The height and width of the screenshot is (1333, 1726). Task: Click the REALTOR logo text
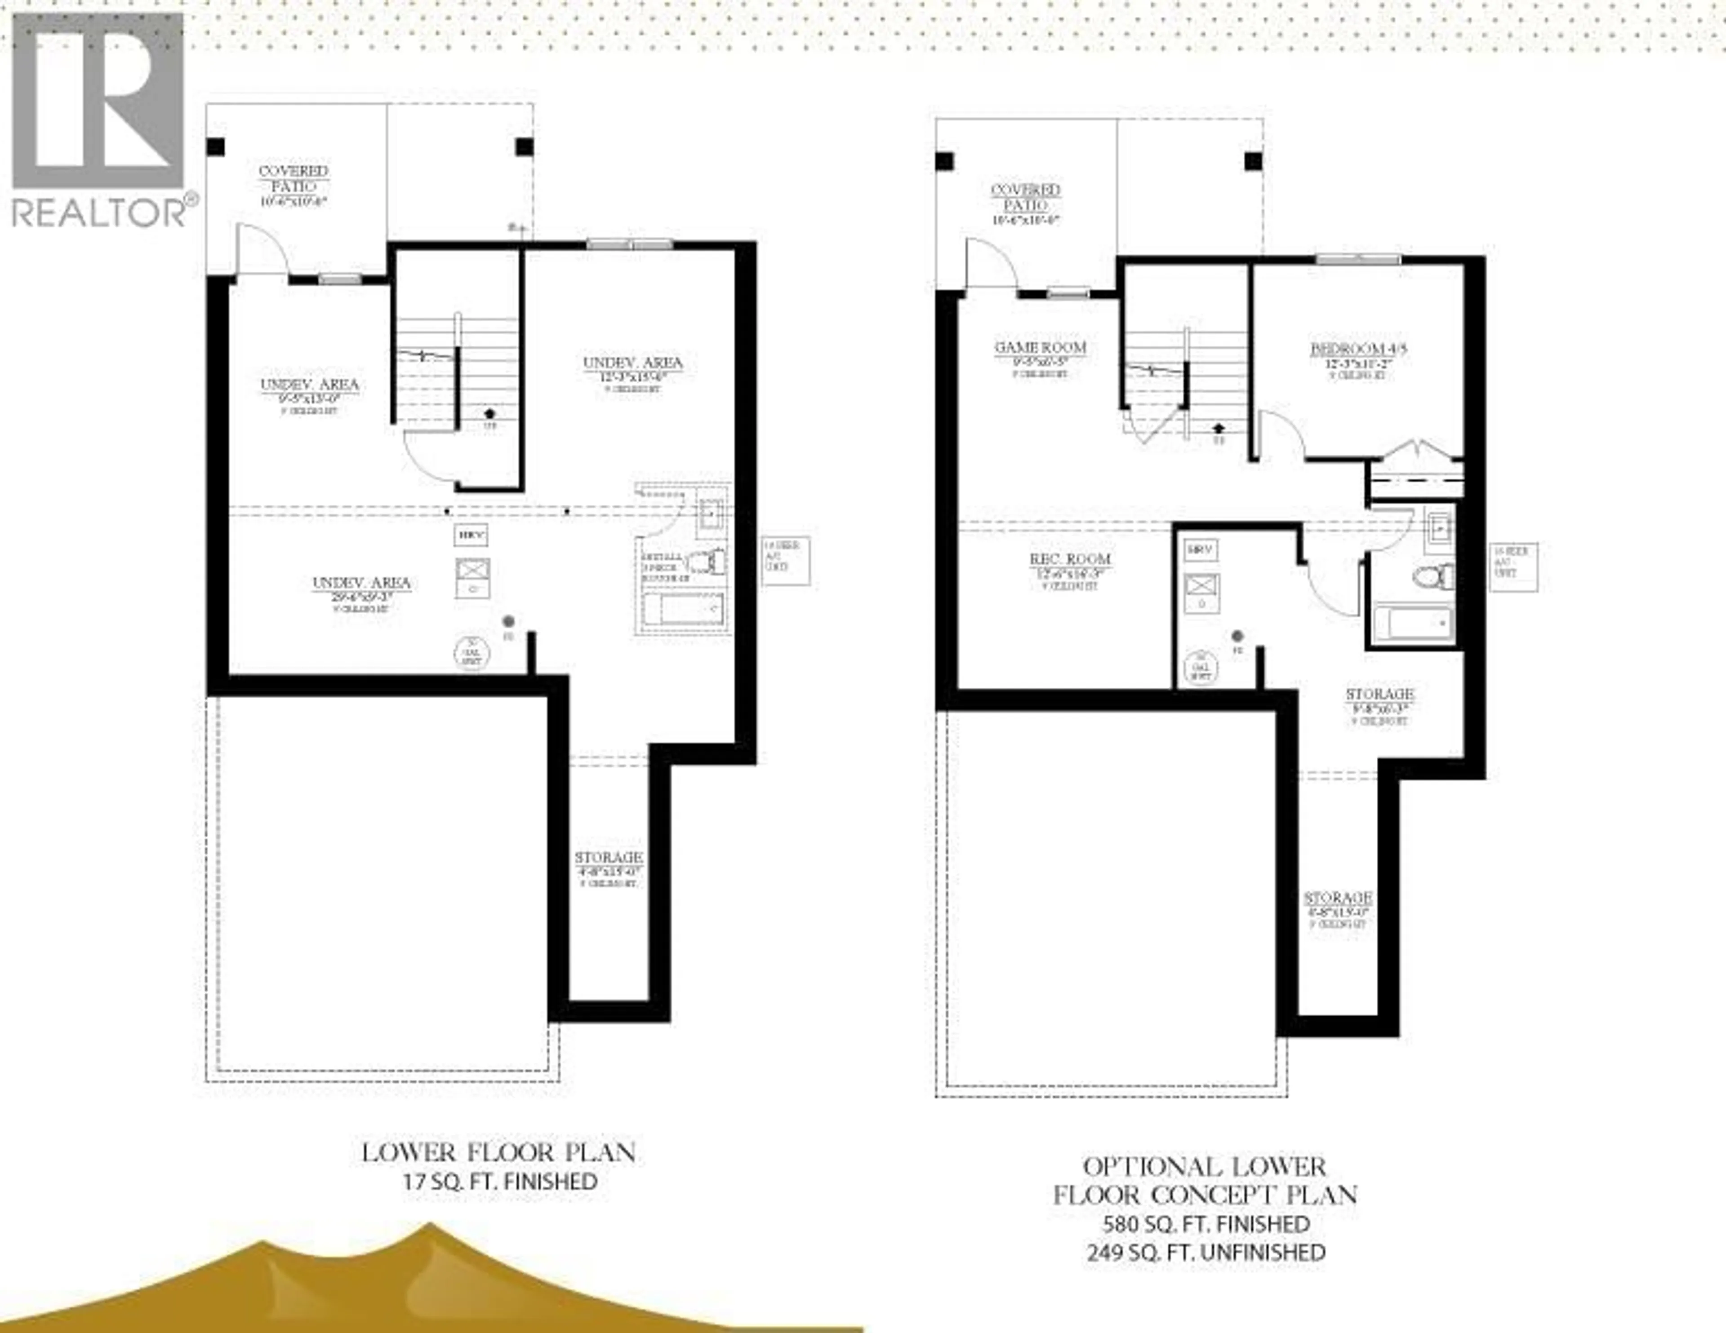[x=99, y=212]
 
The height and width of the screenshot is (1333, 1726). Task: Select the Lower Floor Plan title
[x=498, y=1153]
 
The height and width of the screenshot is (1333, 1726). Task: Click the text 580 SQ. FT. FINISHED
[x=1206, y=1224]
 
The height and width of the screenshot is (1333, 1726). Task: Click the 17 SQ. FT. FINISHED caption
[x=499, y=1182]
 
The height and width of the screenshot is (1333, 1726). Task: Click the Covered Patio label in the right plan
[x=1025, y=198]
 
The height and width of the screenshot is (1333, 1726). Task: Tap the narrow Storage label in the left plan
[x=608, y=857]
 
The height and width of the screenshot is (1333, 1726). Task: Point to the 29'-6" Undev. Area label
[x=361, y=583]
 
